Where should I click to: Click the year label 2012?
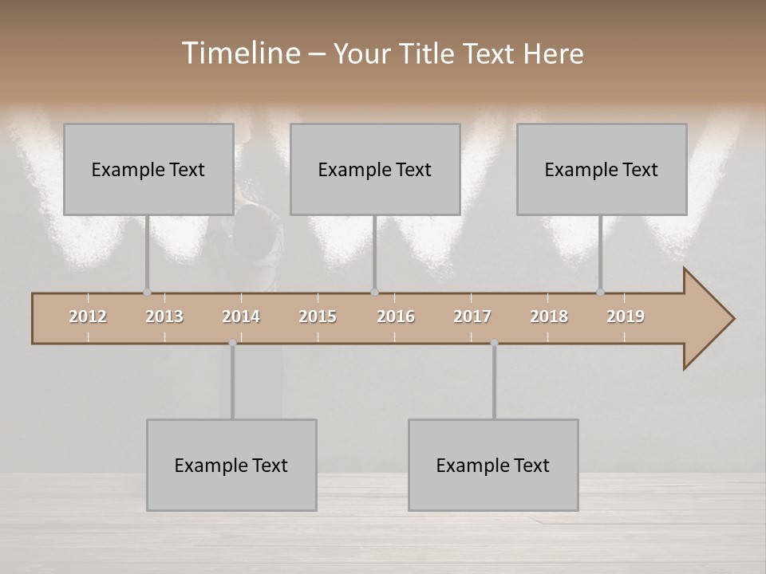(x=88, y=316)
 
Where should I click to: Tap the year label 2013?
(x=164, y=316)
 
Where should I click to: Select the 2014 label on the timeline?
(x=241, y=316)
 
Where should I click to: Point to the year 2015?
(x=318, y=316)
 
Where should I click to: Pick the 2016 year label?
(x=396, y=316)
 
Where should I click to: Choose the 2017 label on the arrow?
(x=472, y=316)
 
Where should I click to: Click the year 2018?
(x=549, y=316)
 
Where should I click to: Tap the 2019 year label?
(x=626, y=316)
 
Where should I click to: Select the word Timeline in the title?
(x=239, y=53)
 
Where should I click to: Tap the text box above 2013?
(x=148, y=169)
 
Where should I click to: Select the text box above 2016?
(x=375, y=169)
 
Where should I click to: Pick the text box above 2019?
(x=602, y=169)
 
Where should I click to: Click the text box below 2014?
(x=231, y=465)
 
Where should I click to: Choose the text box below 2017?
(x=493, y=465)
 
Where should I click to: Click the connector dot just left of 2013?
(x=147, y=292)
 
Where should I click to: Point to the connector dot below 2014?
(x=232, y=343)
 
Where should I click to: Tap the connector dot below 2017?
(x=494, y=343)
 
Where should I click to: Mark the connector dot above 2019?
(x=600, y=292)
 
